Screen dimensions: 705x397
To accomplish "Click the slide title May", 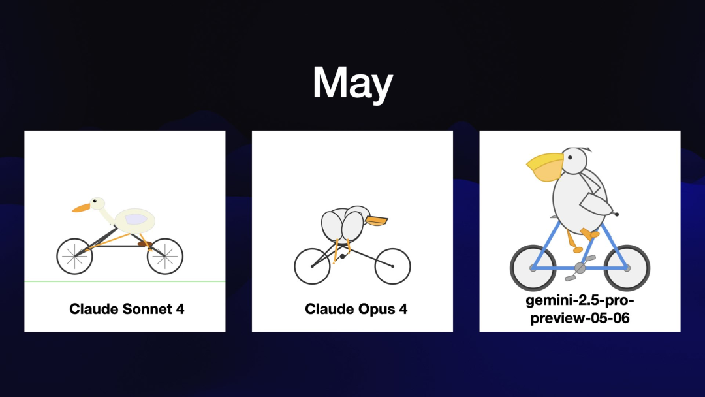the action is click(x=353, y=83).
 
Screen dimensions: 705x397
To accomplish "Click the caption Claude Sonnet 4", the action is click(x=127, y=309).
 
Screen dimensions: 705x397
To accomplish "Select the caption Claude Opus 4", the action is click(x=356, y=309).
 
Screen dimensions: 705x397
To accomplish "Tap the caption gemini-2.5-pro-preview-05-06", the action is click(x=580, y=309).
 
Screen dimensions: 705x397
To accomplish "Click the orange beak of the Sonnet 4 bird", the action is click(x=82, y=208).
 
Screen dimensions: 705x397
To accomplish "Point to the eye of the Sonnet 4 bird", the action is click(x=95, y=201).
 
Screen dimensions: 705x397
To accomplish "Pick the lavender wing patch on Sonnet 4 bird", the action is click(x=136, y=219).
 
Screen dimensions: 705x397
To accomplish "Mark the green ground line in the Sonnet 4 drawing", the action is click(x=125, y=281).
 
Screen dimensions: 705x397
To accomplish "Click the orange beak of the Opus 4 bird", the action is click(x=377, y=221).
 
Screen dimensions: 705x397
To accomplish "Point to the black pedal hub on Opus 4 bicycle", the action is click(x=343, y=256).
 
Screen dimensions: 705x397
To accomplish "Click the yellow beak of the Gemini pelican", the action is click(x=545, y=167).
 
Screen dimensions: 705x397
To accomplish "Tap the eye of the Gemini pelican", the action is click(x=570, y=157).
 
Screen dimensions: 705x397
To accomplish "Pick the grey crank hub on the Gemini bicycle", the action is click(x=580, y=268).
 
